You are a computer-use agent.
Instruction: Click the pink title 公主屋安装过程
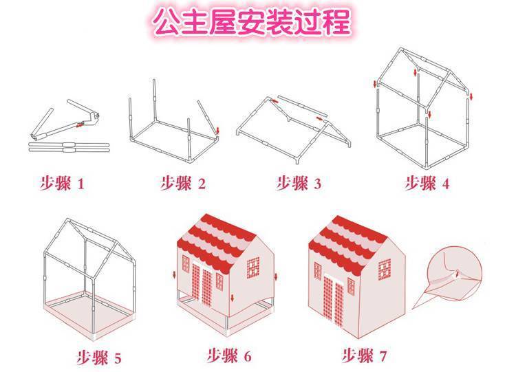(252, 22)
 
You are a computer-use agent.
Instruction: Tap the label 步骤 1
(62, 183)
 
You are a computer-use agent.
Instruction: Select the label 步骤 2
(183, 183)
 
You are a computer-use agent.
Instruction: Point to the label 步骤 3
(299, 183)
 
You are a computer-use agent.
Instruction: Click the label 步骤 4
(427, 183)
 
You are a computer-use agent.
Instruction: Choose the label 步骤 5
(99, 358)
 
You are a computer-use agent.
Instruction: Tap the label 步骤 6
(229, 356)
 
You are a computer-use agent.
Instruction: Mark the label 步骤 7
(364, 356)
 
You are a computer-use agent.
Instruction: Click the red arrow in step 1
(79, 124)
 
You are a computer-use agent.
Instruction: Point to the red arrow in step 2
(218, 131)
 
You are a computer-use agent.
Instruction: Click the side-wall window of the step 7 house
(385, 270)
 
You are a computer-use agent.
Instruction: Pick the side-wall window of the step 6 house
(253, 267)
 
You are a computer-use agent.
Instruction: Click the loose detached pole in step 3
(303, 106)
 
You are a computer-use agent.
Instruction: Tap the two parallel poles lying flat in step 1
(69, 147)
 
